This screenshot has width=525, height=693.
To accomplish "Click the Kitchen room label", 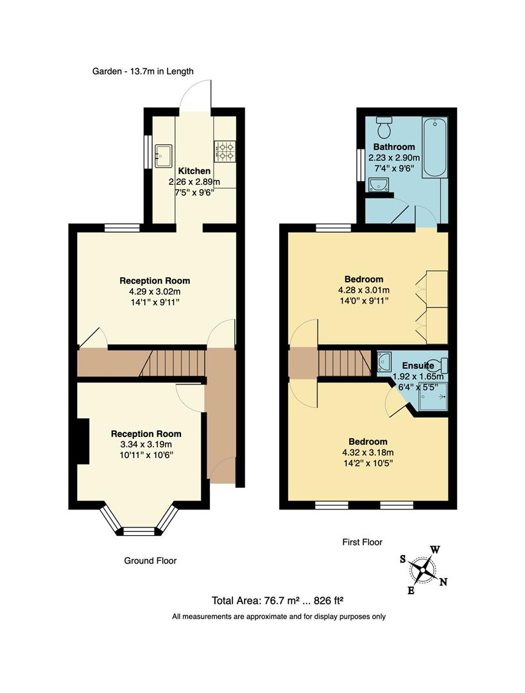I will [x=194, y=171].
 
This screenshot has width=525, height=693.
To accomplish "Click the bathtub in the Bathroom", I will [x=434, y=148].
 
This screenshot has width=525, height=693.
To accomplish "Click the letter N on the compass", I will [x=443, y=582].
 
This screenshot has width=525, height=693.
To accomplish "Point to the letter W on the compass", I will [x=435, y=550].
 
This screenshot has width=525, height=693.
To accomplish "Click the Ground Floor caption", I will [x=150, y=561].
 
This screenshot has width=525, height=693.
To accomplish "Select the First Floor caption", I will [x=362, y=542].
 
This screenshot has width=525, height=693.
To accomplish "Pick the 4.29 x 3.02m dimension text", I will [x=155, y=291].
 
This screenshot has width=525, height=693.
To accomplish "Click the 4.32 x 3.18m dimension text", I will [x=368, y=452].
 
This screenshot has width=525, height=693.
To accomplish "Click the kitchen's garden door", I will [x=195, y=96].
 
